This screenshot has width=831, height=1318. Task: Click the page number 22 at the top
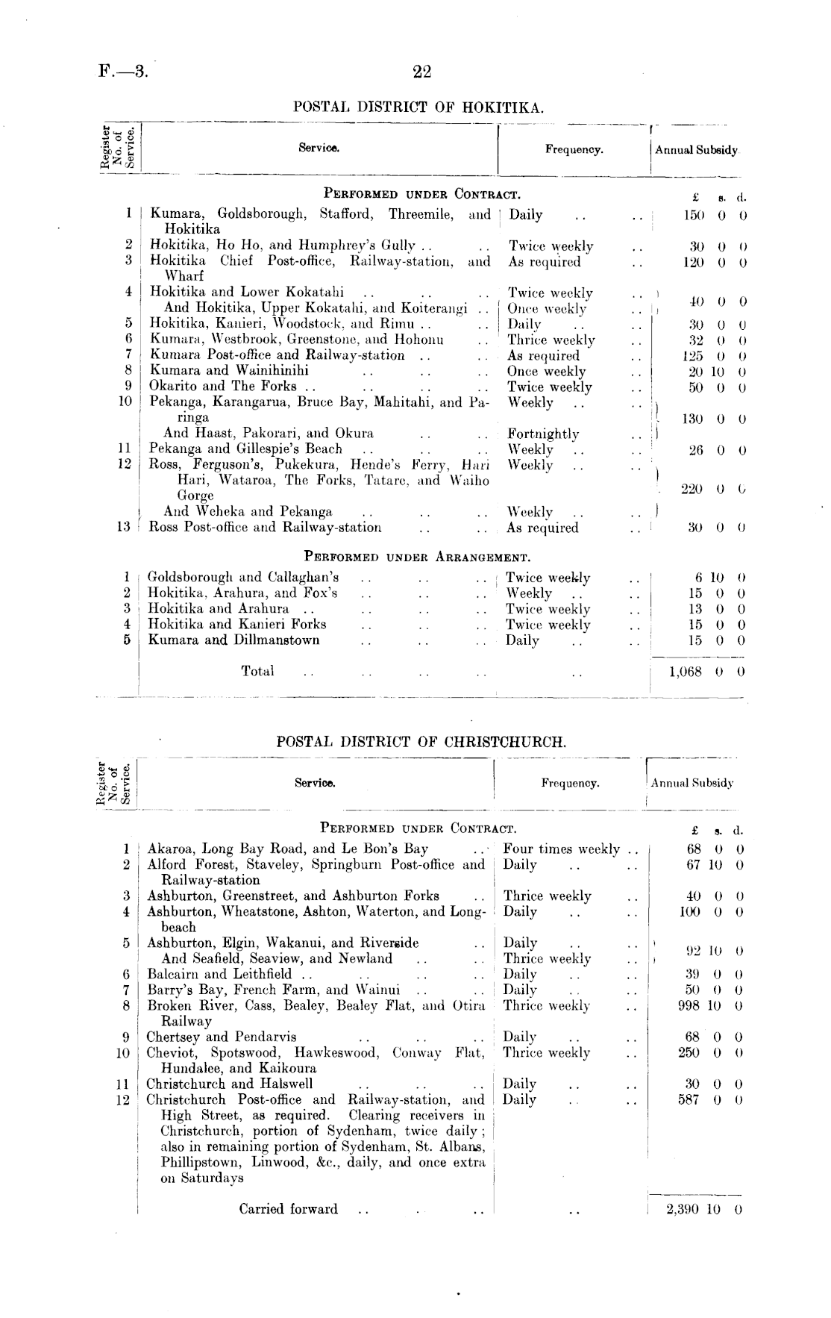pyautogui.click(x=421, y=72)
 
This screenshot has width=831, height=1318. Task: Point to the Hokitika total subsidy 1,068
pyautogui.click(x=686, y=671)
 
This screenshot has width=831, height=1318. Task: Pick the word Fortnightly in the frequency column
pyautogui.click(x=543, y=434)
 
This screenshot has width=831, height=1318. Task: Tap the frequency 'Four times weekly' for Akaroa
pyautogui.click(x=562, y=849)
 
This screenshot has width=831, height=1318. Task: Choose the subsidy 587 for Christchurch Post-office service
pyautogui.click(x=694, y=1099)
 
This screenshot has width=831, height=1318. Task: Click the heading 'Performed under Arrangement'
pyautogui.click(x=417, y=556)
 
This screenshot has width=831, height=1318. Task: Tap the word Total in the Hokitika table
pyautogui.click(x=257, y=671)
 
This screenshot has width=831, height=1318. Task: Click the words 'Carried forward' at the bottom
pyautogui.click(x=288, y=1209)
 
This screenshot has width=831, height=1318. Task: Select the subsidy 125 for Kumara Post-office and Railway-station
pyautogui.click(x=694, y=356)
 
